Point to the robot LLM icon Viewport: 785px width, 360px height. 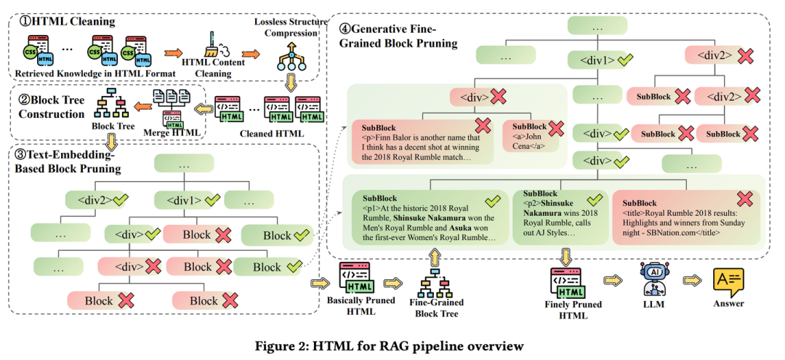[x=652, y=278]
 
